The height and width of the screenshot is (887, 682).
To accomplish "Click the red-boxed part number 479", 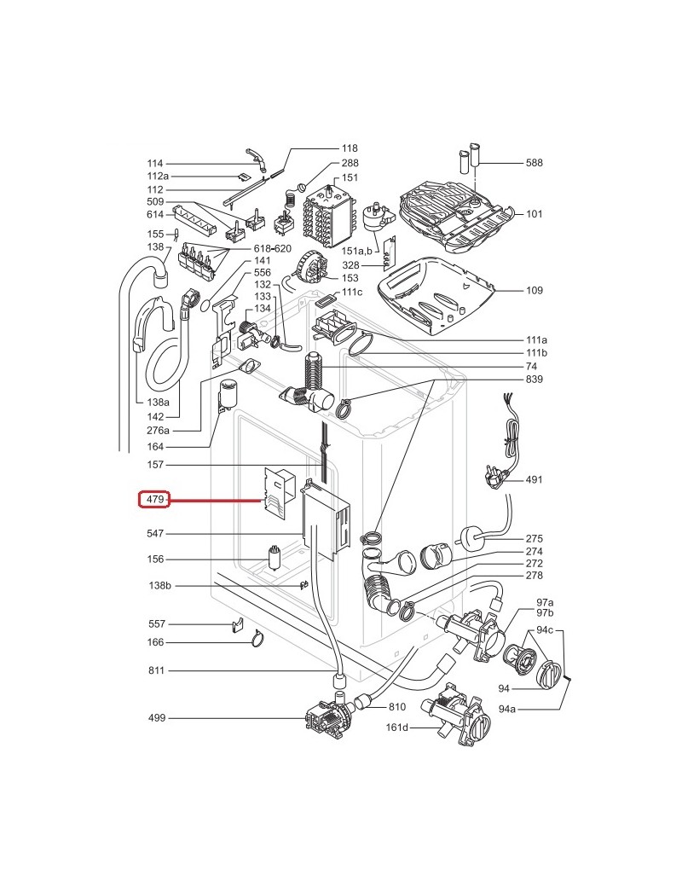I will [154, 500].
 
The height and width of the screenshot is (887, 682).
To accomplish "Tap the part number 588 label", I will [534, 162].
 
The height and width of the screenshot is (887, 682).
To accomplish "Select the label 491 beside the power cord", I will [534, 479].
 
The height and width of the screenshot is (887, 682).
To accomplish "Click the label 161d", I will [397, 727].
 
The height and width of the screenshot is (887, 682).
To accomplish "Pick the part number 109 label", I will [534, 291].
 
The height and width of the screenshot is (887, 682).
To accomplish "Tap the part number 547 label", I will [154, 534].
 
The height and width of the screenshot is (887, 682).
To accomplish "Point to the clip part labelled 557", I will [238, 626].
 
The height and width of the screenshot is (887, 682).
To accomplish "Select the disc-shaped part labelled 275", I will [470, 538].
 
